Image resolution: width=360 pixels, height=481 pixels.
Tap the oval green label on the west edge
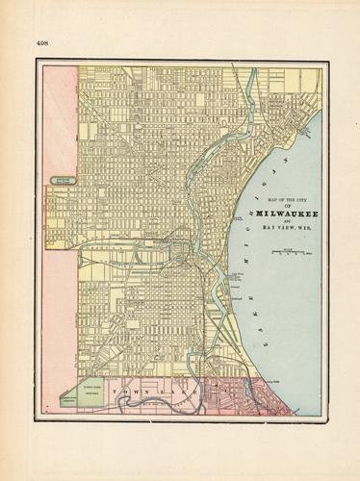(63, 179)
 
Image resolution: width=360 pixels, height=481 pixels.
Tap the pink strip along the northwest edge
(60, 115)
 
